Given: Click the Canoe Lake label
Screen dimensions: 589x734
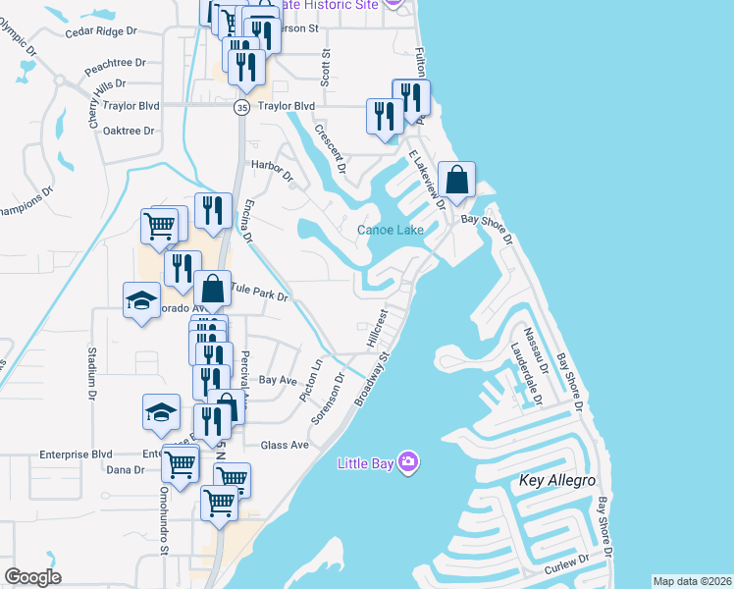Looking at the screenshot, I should coord(391,230).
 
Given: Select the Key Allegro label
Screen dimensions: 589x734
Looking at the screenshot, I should coord(557,480).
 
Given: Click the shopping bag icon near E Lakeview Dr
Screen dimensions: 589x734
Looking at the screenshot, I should coord(457,180).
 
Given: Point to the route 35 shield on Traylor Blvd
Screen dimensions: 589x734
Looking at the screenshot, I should coord(241,107).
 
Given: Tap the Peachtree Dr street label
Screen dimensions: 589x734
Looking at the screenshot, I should coord(115,62).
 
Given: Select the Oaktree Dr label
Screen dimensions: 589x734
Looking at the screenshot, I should coord(130,131).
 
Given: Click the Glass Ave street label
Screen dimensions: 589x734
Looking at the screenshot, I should coord(285,445).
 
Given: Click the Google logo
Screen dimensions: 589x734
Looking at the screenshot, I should coord(32,577).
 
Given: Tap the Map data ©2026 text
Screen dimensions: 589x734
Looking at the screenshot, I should coord(693,581).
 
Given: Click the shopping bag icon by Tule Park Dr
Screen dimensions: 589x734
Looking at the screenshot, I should coord(213,290).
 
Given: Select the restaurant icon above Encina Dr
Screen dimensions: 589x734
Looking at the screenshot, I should coord(213,210).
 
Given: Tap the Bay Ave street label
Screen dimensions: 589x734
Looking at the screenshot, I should coord(278,379).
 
